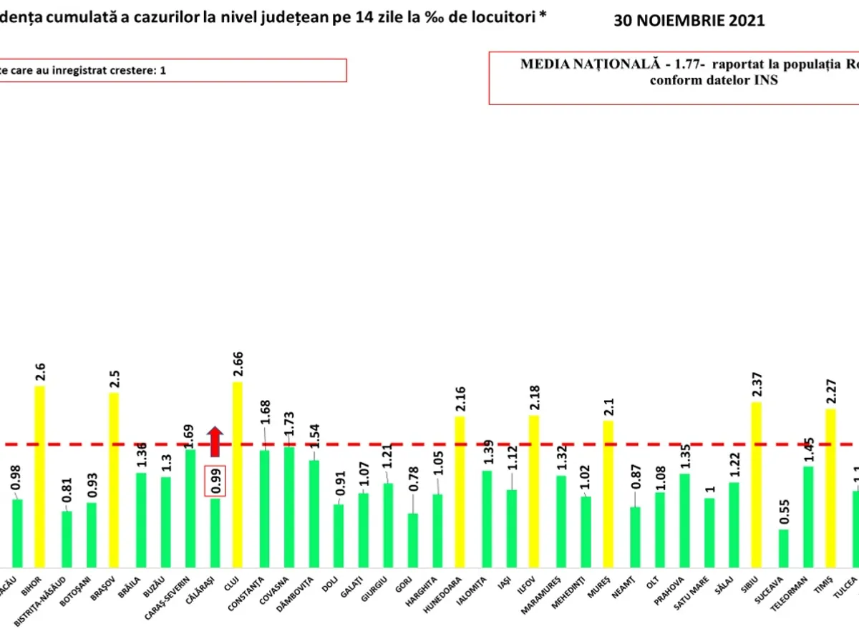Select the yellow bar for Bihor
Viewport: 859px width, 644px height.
(x=39, y=476)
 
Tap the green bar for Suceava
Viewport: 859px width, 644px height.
(x=784, y=547)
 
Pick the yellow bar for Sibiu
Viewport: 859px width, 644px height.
(x=757, y=484)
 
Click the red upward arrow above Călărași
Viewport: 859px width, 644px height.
(x=215, y=441)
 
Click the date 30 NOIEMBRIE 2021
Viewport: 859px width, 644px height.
(x=689, y=21)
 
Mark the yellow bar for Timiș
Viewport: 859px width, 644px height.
(x=830, y=487)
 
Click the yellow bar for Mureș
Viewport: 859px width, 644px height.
(x=608, y=493)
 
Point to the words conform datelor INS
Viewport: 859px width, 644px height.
(x=713, y=81)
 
